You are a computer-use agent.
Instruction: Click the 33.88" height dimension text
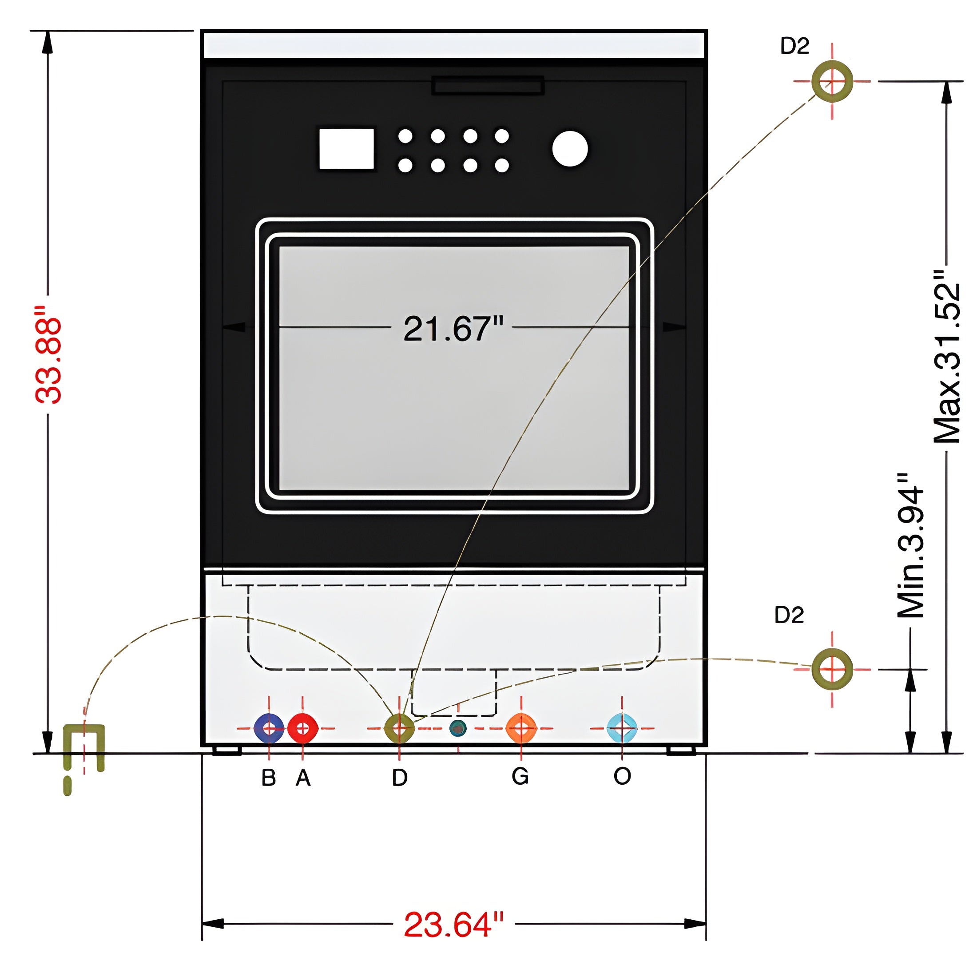pyautogui.click(x=48, y=354)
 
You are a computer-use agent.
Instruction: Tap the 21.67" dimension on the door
pyautogui.click(x=453, y=328)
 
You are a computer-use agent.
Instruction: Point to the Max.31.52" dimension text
pyautogui.click(x=947, y=357)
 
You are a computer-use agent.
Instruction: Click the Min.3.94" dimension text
pyautogui.click(x=911, y=546)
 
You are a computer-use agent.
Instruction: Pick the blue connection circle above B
pyautogui.click(x=269, y=728)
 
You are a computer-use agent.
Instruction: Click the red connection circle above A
pyautogui.click(x=303, y=728)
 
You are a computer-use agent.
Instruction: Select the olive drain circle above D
pyautogui.click(x=400, y=728)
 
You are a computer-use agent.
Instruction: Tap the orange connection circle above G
pyautogui.click(x=521, y=728)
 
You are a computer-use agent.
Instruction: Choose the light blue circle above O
pyautogui.click(x=622, y=728)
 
